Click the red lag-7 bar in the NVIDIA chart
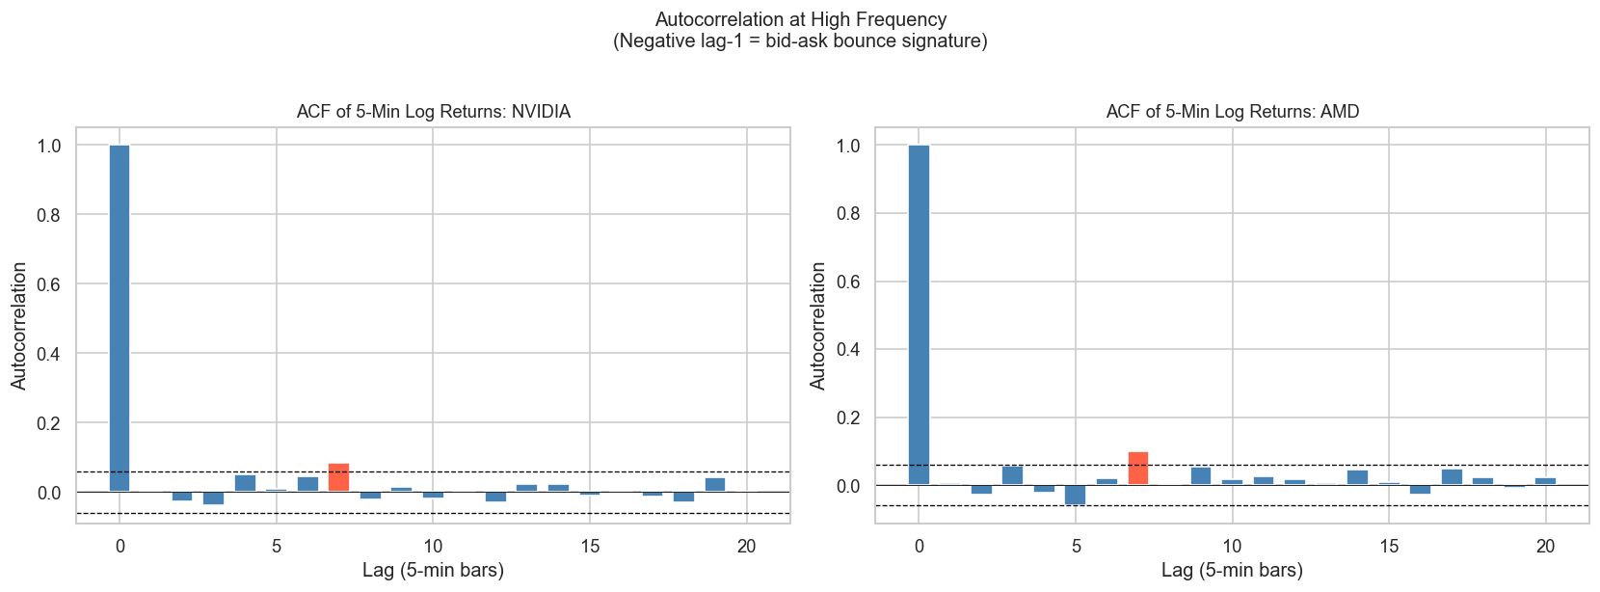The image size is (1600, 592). [x=338, y=478]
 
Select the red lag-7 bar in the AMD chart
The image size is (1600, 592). [x=1138, y=469]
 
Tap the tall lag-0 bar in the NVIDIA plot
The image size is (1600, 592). [x=120, y=318]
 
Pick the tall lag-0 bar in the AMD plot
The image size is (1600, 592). [x=920, y=314]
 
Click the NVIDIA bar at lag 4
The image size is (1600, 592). [x=245, y=483]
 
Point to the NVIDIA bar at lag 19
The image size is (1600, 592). [x=715, y=485]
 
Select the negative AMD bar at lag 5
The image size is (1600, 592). [x=1076, y=495]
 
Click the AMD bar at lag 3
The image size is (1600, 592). [x=1013, y=475]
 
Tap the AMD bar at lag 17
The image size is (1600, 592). [x=1452, y=477]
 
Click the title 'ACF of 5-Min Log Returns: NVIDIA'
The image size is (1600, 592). [x=433, y=112]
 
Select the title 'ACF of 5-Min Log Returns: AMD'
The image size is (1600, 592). [x=1232, y=112]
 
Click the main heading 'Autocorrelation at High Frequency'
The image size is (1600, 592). [x=800, y=20]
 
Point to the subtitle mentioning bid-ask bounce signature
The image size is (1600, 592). [x=800, y=41]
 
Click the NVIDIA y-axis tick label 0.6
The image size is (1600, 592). [x=48, y=284]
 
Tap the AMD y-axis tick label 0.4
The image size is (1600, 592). [x=848, y=350]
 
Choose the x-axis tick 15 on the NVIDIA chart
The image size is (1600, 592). [x=590, y=547]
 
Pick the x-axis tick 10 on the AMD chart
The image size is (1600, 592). [x=1232, y=547]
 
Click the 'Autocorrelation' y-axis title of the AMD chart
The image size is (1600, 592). [x=818, y=326]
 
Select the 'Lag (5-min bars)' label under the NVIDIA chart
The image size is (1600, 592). [x=433, y=571]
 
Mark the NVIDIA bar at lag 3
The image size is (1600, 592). [x=213, y=498]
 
